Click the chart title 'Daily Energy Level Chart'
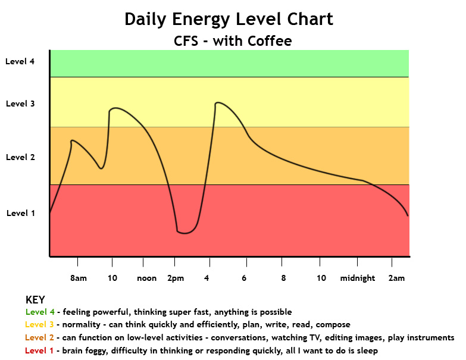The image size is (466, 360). click(x=229, y=19)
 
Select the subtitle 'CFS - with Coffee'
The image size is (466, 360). click(x=232, y=40)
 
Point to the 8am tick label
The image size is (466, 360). click(x=79, y=278)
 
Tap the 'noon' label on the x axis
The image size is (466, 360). click(x=146, y=278)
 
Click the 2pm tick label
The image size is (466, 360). click(x=176, y=278)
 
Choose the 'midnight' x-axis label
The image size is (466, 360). click(x=358, y=278)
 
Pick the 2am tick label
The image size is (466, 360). click(x=396, y=278)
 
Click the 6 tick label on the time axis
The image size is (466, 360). click(x=245, y=278)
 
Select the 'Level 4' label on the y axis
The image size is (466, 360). click(x=20, y=61)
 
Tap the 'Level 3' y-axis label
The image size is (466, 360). click(x=20, y=104)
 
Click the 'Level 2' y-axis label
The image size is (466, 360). click(x=20, y=157)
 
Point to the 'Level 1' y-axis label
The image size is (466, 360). click(x=20, y=213)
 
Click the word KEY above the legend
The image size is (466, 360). click(x=35, y=300)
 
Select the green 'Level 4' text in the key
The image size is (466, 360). click(x=40, y=312)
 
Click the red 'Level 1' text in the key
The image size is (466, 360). click(x=40, y=351)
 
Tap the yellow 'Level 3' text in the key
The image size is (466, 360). click(x=40, y=325)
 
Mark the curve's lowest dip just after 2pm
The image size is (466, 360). click(x=184, y=233)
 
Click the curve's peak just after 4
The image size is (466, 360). click(x=218, y=102)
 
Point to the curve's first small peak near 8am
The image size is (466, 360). click(x=72, y=140)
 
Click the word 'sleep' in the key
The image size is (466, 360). click(x=366, y=351)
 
